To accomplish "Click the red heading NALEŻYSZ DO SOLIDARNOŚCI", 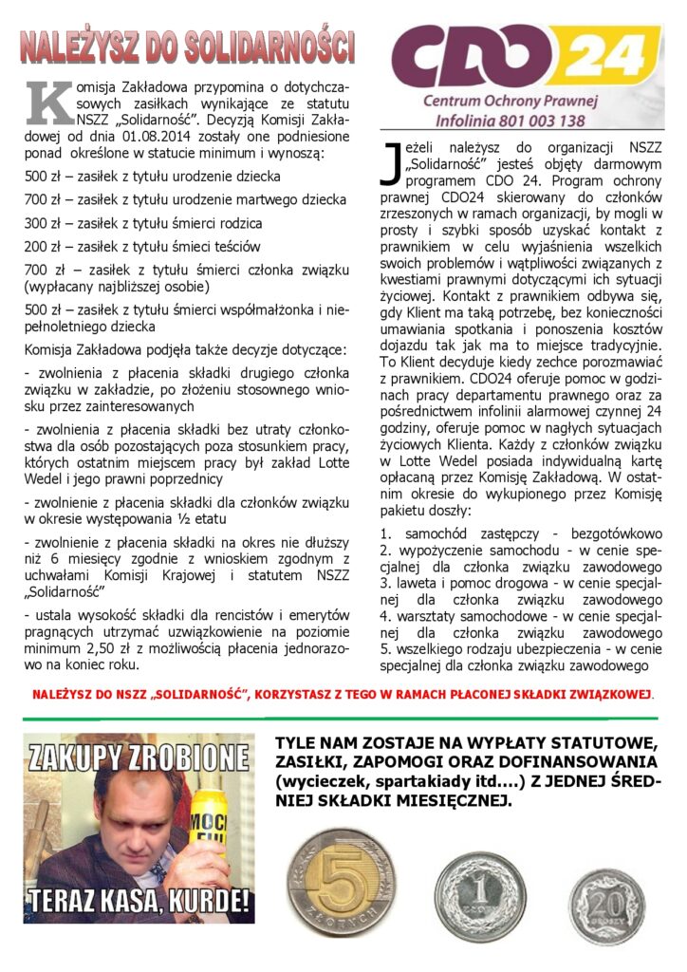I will (x=188, y=46).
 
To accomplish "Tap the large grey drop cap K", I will (x=49, y=103).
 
